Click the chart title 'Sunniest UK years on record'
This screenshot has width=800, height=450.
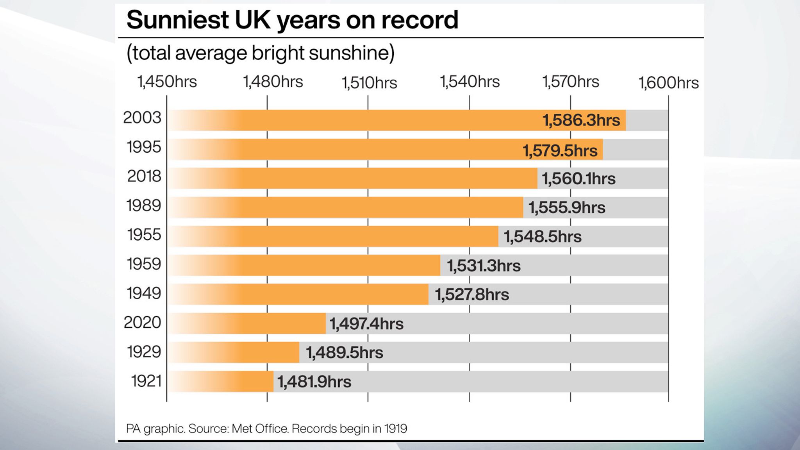coord(292,20)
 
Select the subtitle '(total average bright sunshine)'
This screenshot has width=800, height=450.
coord(260,53)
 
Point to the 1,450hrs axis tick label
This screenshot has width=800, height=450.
coord(167,82)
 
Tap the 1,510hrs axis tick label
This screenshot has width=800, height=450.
coord(369,83)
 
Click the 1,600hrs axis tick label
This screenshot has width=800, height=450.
coord(668,83)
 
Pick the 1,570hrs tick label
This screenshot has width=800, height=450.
coord(570,82)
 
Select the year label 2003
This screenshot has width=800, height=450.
coord(142,118)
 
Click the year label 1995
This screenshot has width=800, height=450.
coord(144,147)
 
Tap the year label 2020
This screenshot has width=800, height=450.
coord(142,323)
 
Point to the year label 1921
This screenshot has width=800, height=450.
coord(146,381)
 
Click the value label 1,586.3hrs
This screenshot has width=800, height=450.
coord(581,120)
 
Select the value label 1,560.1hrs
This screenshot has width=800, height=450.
coord(579,179)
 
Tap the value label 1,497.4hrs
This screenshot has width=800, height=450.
coord(366,324)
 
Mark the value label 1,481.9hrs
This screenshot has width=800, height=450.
coord(314,382)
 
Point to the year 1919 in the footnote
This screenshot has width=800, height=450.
coord(395,429)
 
